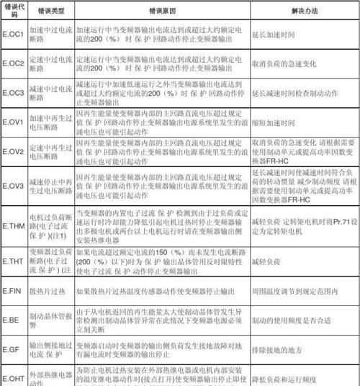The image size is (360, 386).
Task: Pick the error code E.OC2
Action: point(14,65)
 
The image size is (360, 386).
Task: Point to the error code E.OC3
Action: point(14,92)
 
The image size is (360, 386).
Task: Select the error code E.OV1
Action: point(14,122)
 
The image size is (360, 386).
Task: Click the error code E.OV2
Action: point(14,153)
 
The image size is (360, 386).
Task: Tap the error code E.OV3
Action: point(14,185)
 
